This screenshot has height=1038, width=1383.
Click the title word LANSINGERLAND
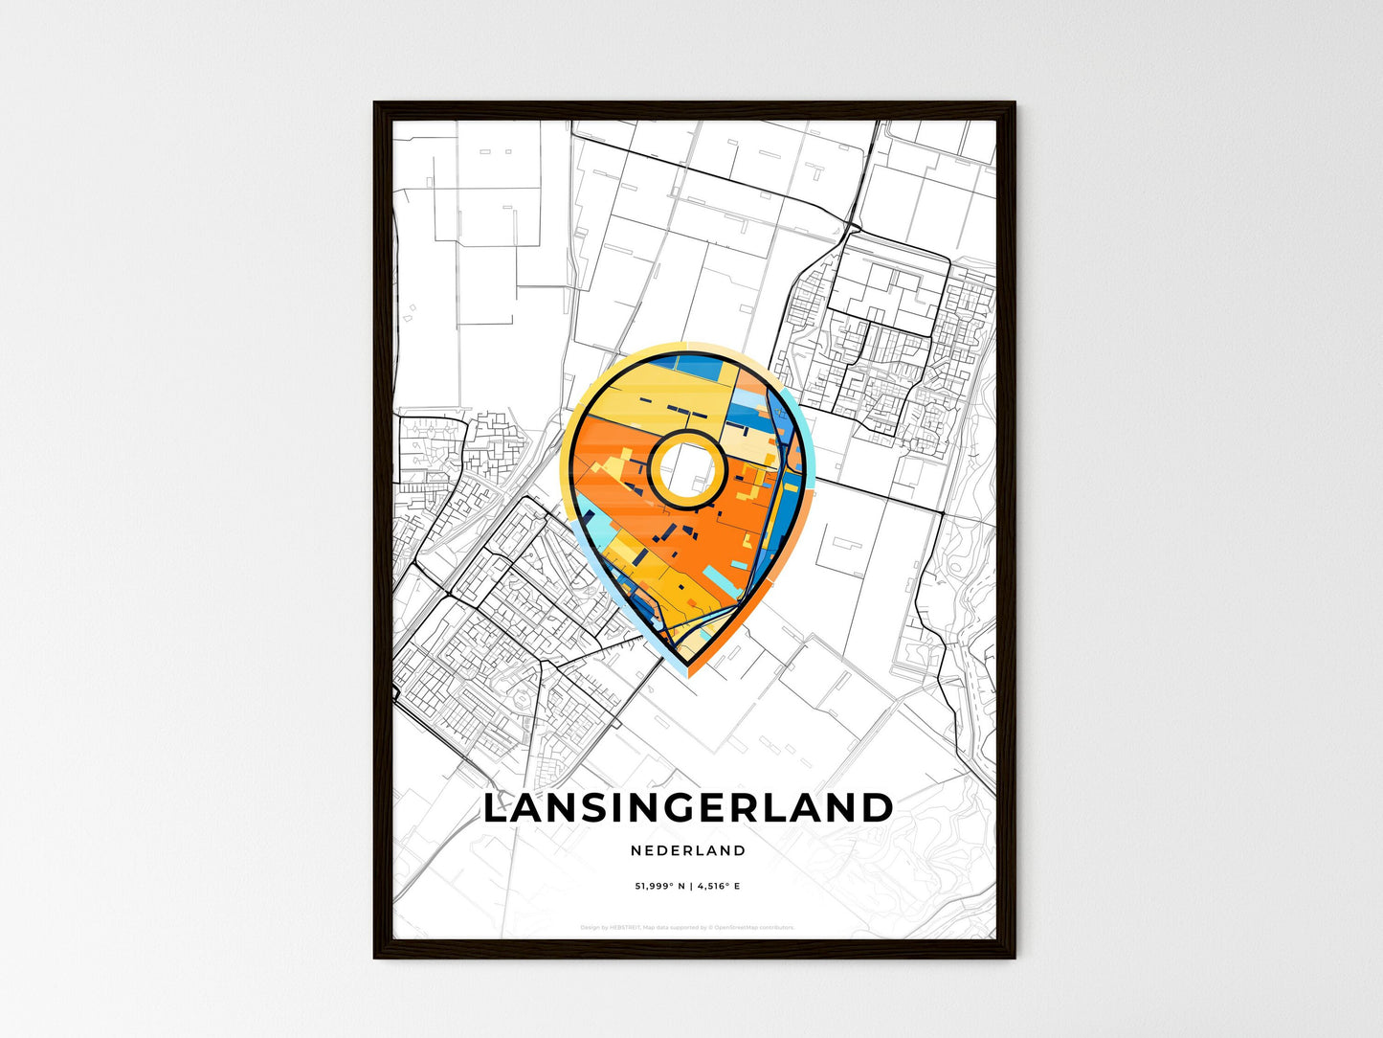tap(688, 808)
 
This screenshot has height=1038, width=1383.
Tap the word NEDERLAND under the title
tap(688, 850)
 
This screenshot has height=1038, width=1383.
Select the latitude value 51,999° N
tap(660, 887)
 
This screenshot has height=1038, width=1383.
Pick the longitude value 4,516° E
tap(717, 887)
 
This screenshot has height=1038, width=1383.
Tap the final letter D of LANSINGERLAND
tap(877, 808)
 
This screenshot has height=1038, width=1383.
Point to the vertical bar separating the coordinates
tap(689, 887)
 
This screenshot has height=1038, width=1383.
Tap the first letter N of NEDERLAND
tap(636, 850)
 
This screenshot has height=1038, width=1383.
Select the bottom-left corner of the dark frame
tap(376, 956)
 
